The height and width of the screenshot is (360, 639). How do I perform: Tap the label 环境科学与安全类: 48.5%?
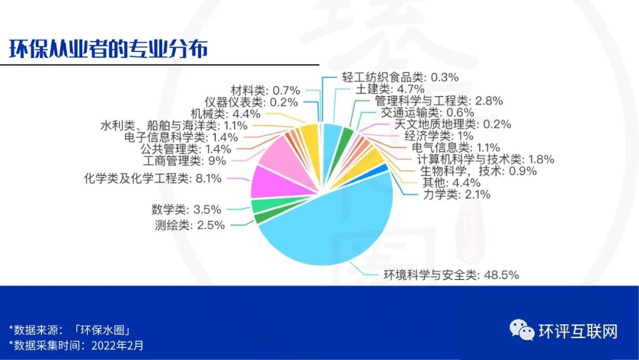coord(451,275)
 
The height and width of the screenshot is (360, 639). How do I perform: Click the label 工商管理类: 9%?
coord(184,160)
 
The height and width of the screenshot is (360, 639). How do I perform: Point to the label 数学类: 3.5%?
coord(186,210)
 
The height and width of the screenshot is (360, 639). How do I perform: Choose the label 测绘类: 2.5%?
coord(190,224)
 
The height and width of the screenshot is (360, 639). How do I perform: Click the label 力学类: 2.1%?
coord(456,194)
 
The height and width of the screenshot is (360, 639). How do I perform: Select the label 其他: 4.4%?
coord(451,182)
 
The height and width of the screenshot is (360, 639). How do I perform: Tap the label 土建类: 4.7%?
coord(390,89)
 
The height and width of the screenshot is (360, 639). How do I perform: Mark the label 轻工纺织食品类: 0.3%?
coord(400,77)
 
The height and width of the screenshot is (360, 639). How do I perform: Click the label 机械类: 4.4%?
coord(225,114)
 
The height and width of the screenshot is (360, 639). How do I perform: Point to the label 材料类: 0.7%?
coord(265,90)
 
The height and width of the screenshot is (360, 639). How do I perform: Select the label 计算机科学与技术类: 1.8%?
coord(485,159)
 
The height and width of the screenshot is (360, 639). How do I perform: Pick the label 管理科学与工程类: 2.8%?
coord(438,101)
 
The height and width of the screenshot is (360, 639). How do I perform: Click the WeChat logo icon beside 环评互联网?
coord(522,330)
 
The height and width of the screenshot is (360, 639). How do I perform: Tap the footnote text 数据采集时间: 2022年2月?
coord(76,346)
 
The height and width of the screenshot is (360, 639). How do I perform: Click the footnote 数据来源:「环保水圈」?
coord(69,330)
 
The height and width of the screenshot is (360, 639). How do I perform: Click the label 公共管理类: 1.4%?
coord(186,149)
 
